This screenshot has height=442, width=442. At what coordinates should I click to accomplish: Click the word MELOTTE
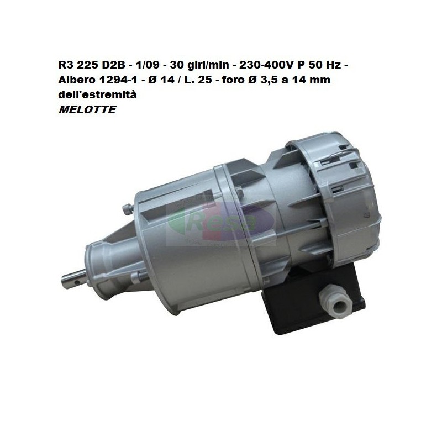pos(87,109)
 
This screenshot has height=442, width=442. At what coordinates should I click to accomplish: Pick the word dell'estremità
pos(98,94)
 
